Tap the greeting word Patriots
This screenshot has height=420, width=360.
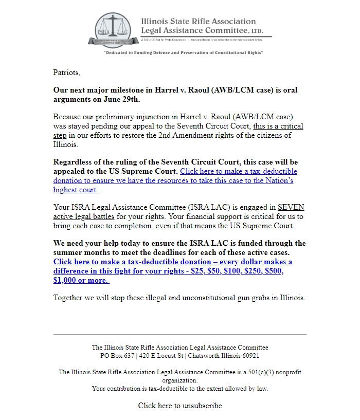[67, 72]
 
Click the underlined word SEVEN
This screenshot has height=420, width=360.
[291, 208]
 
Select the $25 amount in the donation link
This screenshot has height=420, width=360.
[197, 271]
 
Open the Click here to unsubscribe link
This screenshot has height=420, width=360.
[180, 406]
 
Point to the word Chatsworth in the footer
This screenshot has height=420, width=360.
[206, 356]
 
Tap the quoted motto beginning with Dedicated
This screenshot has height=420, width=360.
[183, 53]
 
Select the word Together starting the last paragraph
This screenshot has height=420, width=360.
[70, 298]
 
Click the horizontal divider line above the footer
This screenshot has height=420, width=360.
[180, 335]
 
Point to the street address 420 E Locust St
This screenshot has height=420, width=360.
[163, 356]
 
